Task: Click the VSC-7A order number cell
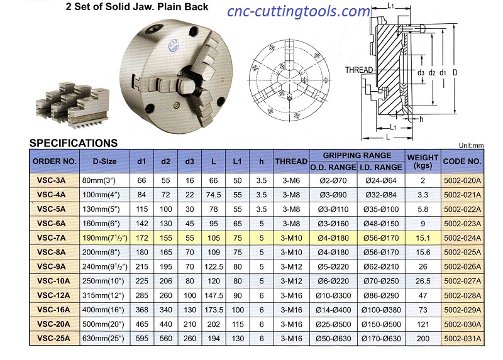tap(52, 238)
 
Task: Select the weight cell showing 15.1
tap(423, 238)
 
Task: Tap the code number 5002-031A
tap(462, 339)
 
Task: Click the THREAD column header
tap(291, 161)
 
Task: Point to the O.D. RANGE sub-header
tap(333, 167)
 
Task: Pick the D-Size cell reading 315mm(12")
tap(103, 295)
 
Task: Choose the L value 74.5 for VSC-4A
tap(213, 195)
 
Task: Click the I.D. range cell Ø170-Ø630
tap(381, 339)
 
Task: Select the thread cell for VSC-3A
tap(291, 180)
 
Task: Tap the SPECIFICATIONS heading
tap(74, 143)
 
